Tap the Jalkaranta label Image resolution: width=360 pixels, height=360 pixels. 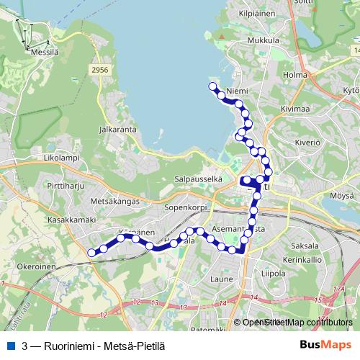tap(118, 130)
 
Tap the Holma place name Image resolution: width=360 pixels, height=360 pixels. tap(296, 73)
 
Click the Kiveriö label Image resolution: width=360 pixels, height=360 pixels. tap(306, 143)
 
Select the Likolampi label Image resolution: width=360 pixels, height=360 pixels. tap(60, 157)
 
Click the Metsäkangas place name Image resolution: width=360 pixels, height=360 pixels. tap(115, 202)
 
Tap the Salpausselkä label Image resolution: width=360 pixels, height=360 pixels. tap(197, 178)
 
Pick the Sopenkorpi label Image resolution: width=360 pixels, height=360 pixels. tap(186, 207)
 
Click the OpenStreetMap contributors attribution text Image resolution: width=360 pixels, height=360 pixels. tap(297, 323)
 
